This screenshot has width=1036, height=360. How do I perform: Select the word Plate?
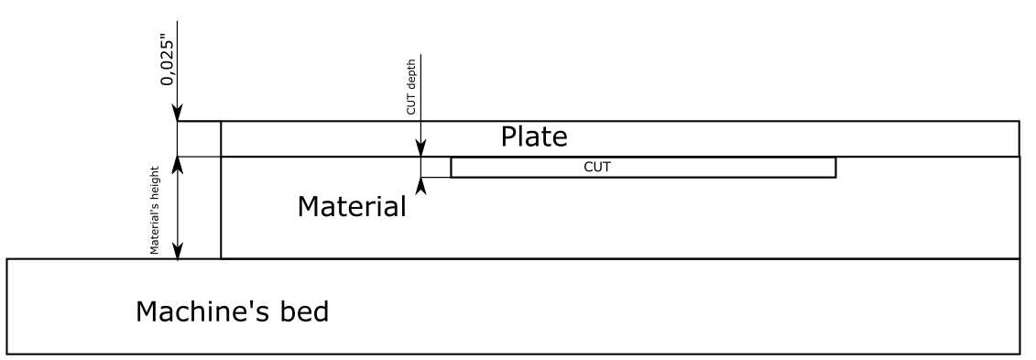[x=534, y=137]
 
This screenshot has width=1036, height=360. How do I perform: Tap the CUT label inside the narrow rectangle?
[x=596, y=168]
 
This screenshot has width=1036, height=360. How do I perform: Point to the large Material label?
[x=351, y=207]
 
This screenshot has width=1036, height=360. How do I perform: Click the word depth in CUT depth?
[x=411, y=87]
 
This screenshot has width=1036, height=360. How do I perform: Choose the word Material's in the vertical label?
[x=156, y=228]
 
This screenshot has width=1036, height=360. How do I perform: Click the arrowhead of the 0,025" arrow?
[x=178, y=113]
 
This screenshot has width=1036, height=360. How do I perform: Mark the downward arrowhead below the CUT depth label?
[x=420, y=148]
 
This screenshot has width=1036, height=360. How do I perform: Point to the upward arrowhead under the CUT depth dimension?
[x=420, y=184]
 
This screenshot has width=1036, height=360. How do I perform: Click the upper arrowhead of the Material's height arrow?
[x=178, y=165]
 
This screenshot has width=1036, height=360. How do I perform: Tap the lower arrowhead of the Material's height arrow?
[x=178, y=251]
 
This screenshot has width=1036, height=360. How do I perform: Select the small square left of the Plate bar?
[x=199, y=138]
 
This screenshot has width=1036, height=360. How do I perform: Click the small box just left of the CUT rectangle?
[x=435, y=167]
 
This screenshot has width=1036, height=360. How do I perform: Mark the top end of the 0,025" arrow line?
[x=178, y=22]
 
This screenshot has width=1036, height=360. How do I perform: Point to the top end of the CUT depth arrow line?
[x=420, y=55]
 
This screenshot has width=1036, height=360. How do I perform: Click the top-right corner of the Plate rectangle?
[x=1020, y=121]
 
